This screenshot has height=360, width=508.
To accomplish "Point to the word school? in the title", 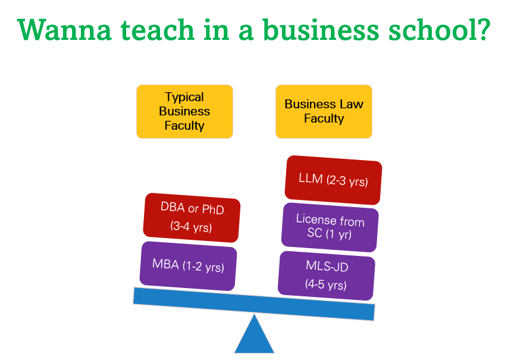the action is (x=435, y=30).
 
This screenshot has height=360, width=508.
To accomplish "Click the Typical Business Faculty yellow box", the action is (x=184, y=111).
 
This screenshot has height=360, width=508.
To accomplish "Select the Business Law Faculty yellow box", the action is (x=324, y=111).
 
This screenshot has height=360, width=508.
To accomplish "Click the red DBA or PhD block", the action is (x=192, y=217).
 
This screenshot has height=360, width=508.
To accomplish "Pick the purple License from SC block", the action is (x=330, y=227).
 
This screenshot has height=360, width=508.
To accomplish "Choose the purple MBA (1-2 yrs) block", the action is (x=188, y=265).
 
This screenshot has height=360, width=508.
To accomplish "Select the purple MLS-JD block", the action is (x=327, y=276).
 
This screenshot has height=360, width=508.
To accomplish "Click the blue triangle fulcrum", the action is (x=254, y=336).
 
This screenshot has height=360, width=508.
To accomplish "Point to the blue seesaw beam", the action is (x=254, y=303).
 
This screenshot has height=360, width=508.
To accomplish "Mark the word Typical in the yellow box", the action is (x=184, y=97).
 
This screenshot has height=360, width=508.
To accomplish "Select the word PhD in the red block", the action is (x=212, y=209).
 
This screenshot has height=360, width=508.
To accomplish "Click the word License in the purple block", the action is (x=317, y=219).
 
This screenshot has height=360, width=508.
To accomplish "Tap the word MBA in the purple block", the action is (x=165, y=264).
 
